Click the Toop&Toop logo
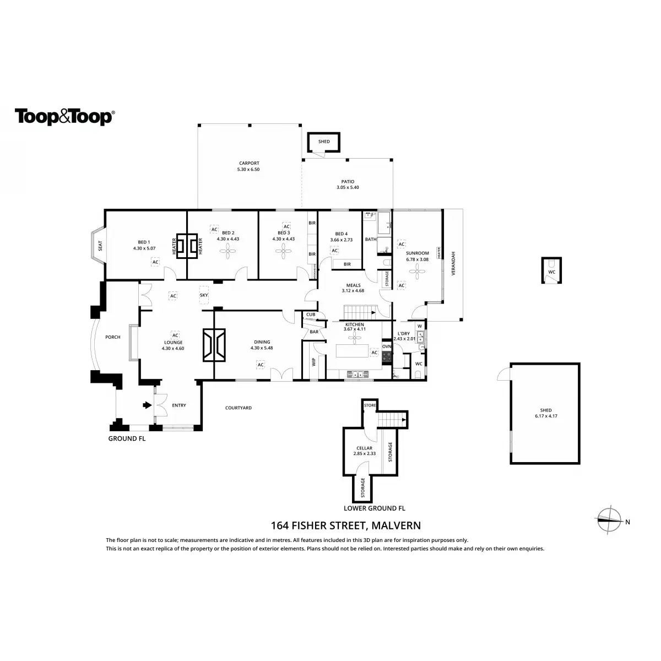point(64,117)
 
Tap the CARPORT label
point(249,163)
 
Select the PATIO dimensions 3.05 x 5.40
point(348,188)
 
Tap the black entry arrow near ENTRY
point(147,405)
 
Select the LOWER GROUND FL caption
point(374,508)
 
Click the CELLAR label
point(364,448)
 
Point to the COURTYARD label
point(239,408)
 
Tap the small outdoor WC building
point(551,270)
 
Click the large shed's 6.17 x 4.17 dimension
point(546,416)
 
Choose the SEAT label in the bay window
point(100,246)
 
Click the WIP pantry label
point(314,361)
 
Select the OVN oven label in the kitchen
point(387,346)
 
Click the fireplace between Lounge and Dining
point(214,345)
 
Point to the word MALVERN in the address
point(397,526)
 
